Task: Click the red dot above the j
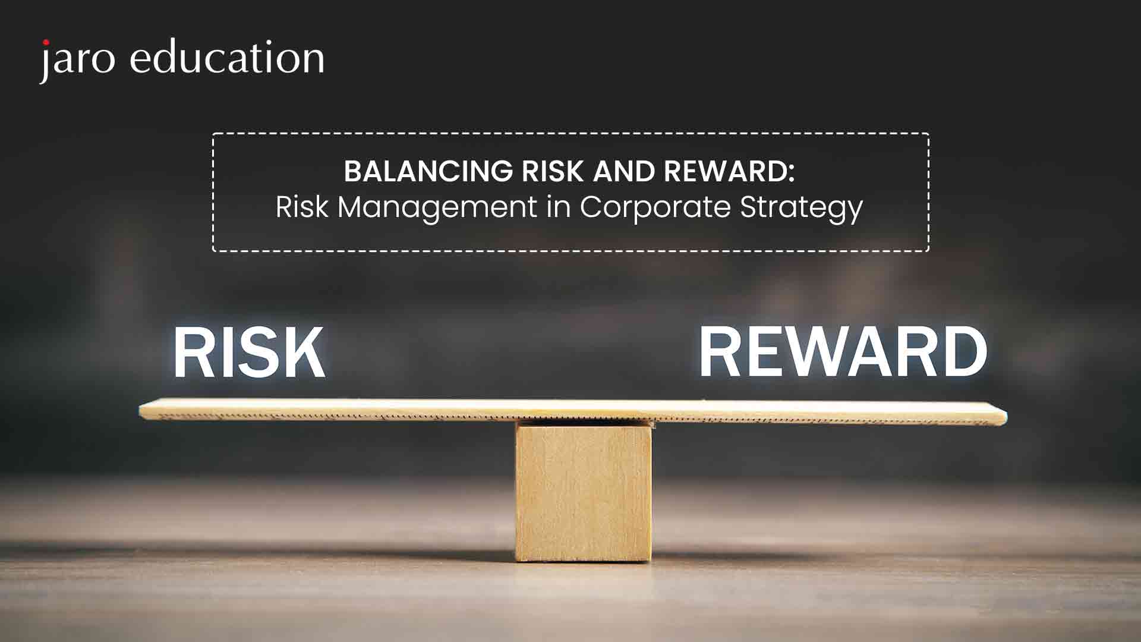(46, 43)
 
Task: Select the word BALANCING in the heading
(428, 172)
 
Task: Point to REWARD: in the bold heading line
(730, 172)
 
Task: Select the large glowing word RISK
(249, 353)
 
